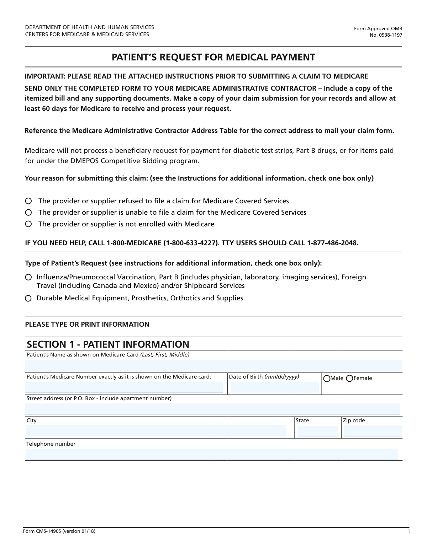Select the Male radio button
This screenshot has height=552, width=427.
click(x=327, y=379)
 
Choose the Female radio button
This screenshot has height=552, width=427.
click(x=349, y=379)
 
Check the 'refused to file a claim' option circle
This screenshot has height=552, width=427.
click(x=28, y=201)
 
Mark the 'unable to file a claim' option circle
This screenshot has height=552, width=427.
click(x=28, y=213)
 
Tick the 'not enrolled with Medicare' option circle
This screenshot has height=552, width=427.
click(x=28, y=224)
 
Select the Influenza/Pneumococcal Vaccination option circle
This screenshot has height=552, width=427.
click(x=28, y=277)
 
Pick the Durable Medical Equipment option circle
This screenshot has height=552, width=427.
click(x=28, y=298)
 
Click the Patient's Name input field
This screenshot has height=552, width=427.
click(x=213, y=365)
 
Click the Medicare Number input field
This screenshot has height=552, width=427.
click(x=124, y=387)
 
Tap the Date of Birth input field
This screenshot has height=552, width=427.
click(x=275, y=387)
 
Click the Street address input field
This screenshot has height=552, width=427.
click(x=212, y=409)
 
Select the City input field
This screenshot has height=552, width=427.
click(x=155, y=431)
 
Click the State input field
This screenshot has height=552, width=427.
click(x=317, y=431)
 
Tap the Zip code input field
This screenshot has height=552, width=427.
click(x=373, y=431)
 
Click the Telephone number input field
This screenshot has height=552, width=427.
click(x=212, y=454)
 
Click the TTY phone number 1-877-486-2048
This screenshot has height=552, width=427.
click(x=332, y=243)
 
